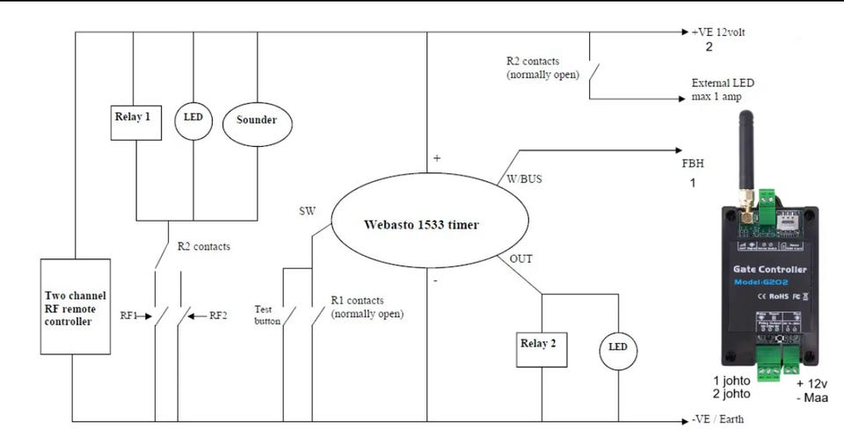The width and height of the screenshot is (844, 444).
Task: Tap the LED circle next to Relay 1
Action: tap(193, 119)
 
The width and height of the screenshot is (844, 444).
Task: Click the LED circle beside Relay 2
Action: tap(618, 348)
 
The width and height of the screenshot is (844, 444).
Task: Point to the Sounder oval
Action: tap(257, 120)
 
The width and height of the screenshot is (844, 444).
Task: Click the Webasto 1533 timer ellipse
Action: tap(422, 224)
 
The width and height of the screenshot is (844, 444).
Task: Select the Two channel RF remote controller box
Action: tap(76, 306)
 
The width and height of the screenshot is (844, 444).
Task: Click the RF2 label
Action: tap(218, 315)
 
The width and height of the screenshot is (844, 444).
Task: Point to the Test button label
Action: tap(266, 316)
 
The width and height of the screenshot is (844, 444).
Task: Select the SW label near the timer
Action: tap(307, 212)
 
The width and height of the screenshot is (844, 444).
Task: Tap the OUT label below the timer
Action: tap(520, 258)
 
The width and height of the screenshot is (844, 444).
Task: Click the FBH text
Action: tap(693, 164)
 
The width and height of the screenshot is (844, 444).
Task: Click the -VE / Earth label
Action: tap(717, 419)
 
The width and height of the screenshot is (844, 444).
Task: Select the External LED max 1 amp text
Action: tap(723, 90)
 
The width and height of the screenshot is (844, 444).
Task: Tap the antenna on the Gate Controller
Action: tap(746, 149)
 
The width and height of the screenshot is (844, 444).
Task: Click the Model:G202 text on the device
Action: tap(770, 282)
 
